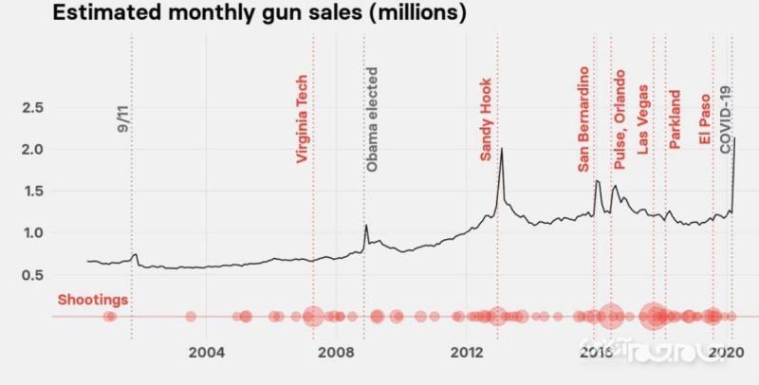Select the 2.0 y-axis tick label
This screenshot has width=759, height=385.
click(x=32, y=150)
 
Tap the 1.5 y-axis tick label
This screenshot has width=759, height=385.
click(x=32, y=192)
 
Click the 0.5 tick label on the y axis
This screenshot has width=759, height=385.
click(x=32, y=275)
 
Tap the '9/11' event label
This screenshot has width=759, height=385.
click(x=122, y=119)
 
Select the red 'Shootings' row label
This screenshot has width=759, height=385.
click(x=93, y=301)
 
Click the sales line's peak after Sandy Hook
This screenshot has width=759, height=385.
click(x=501, y=149)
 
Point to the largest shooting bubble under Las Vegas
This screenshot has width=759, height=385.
click(x=653, y=317)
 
